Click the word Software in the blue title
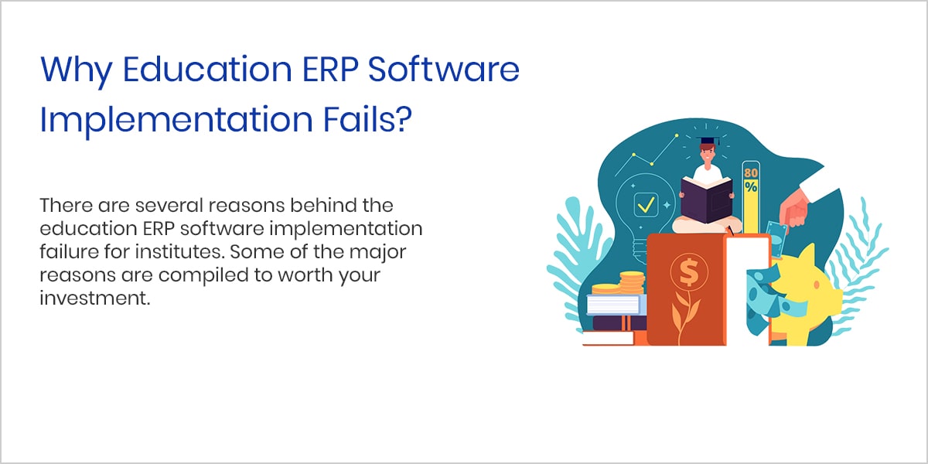(443, 69)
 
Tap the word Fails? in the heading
(367, 119)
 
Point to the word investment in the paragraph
(95, 299)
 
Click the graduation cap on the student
(708, 141)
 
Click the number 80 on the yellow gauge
(751, 172)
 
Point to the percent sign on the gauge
(751, 186)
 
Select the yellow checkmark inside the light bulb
(646, 205)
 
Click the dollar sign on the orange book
(689, 271)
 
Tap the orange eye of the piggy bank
(816, 285)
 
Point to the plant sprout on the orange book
(686, 317)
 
